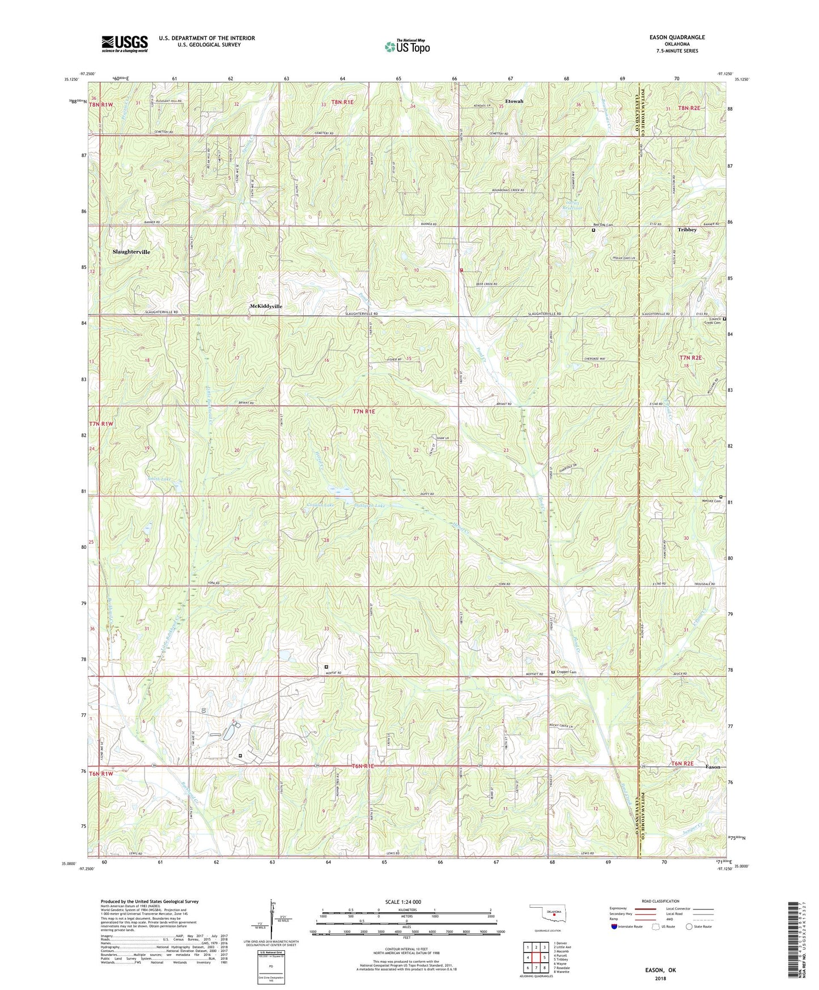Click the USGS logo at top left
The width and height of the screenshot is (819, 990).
point(124,44)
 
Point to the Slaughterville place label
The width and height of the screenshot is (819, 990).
point(131,251)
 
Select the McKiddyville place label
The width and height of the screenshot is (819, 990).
point(266,306)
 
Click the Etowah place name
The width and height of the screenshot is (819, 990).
point(514,101)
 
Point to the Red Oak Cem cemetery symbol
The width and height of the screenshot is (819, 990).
point(593,230)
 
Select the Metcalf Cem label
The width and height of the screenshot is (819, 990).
point(709,501)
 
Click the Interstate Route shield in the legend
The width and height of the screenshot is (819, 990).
point(615,926)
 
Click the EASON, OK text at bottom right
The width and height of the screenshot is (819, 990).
point(660,970)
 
